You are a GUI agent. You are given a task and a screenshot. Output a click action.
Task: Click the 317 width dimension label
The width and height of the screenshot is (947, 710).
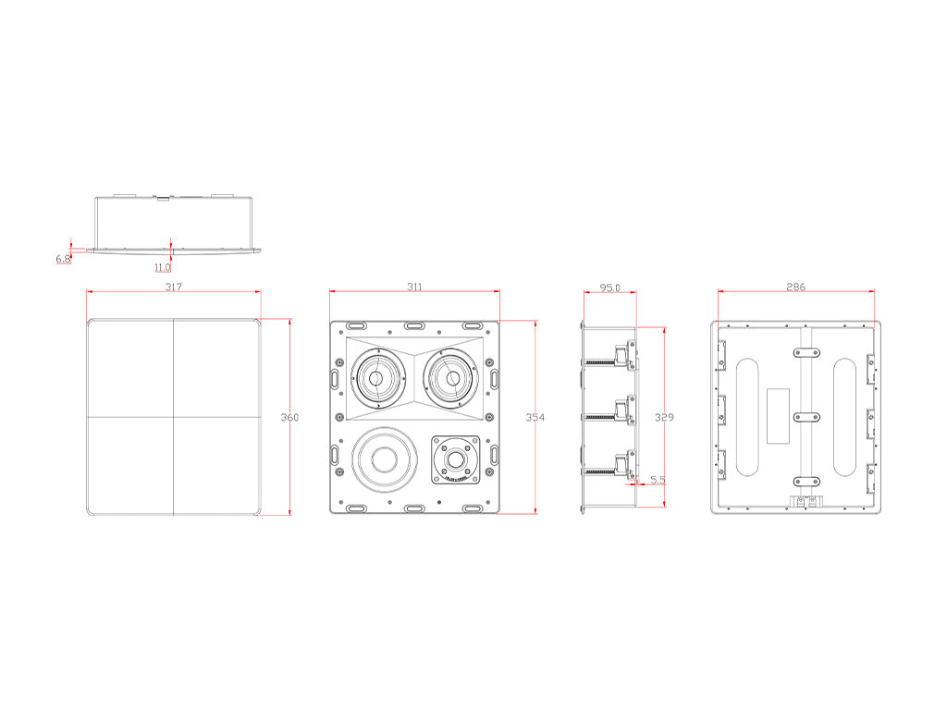pos(173,288)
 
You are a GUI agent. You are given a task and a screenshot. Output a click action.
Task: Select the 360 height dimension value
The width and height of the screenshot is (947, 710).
pos(289,418)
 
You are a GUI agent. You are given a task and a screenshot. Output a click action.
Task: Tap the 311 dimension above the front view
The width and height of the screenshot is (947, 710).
pos(414,288)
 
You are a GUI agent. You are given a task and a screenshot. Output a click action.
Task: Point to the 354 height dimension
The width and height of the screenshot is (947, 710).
pos(535,418)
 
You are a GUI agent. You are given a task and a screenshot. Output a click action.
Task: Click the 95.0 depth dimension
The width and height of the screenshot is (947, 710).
pos(609,288)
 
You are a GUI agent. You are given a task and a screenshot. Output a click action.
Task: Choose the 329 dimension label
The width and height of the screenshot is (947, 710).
pos(664,418)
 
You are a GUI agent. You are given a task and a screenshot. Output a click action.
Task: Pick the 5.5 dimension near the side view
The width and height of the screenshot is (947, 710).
pos(658,480)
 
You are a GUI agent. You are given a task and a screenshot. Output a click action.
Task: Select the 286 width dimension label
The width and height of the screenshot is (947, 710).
pos(795,288)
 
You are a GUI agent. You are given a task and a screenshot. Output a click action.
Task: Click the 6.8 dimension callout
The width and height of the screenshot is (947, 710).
pos(63,259)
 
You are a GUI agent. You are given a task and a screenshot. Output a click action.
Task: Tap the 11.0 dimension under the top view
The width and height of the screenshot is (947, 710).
pos(162,267)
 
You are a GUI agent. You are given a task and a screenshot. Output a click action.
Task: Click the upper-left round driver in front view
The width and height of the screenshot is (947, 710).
pos(377,377)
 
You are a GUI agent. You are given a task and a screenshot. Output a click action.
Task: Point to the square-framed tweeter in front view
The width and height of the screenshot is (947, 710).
pos(455,459)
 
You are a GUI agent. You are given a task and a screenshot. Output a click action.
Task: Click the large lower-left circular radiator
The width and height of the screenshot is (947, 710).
pos(378,458)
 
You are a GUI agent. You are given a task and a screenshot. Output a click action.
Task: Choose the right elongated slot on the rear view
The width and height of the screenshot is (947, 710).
pos(845,417)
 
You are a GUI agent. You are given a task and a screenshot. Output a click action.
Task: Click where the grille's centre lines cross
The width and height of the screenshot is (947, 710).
pos(174,417)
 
